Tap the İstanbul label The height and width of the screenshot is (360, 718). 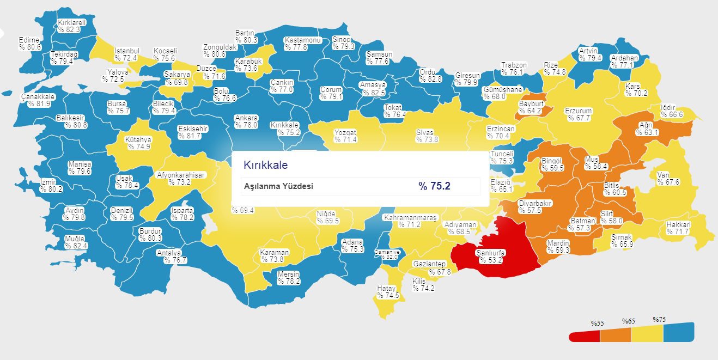pyautogui.click(x=126, y=51)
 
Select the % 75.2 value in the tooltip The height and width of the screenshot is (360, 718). pyautogui.click(x=434, y=186)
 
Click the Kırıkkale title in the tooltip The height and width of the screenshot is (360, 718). pyautogui.click(x=265, y=164)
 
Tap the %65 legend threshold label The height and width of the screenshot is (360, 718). pyautogui.click(x=629, y=321)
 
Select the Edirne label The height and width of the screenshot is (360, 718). pyautogui.click(x=29, y=40)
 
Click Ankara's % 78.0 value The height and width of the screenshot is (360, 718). pyautogui.click(x=246, y=125)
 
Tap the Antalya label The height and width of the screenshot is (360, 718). pyautogui.click(x=168, y=253)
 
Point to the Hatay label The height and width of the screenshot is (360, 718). pyautogui.click(x=387, y=289)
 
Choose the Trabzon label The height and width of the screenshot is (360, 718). pyautogui.click(x=514, y=65)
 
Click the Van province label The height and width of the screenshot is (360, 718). pyautogui.click(x=663, y=175)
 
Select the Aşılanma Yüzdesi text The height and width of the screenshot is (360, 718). pyautogui.click(x=278, y=186)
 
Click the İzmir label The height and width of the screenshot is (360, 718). pyautogui.click(x=48, y=182)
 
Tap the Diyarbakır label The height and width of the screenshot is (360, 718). pyautogui.click(x=535, y=203)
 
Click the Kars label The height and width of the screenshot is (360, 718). pyautogui.click(x=632, y=86)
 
